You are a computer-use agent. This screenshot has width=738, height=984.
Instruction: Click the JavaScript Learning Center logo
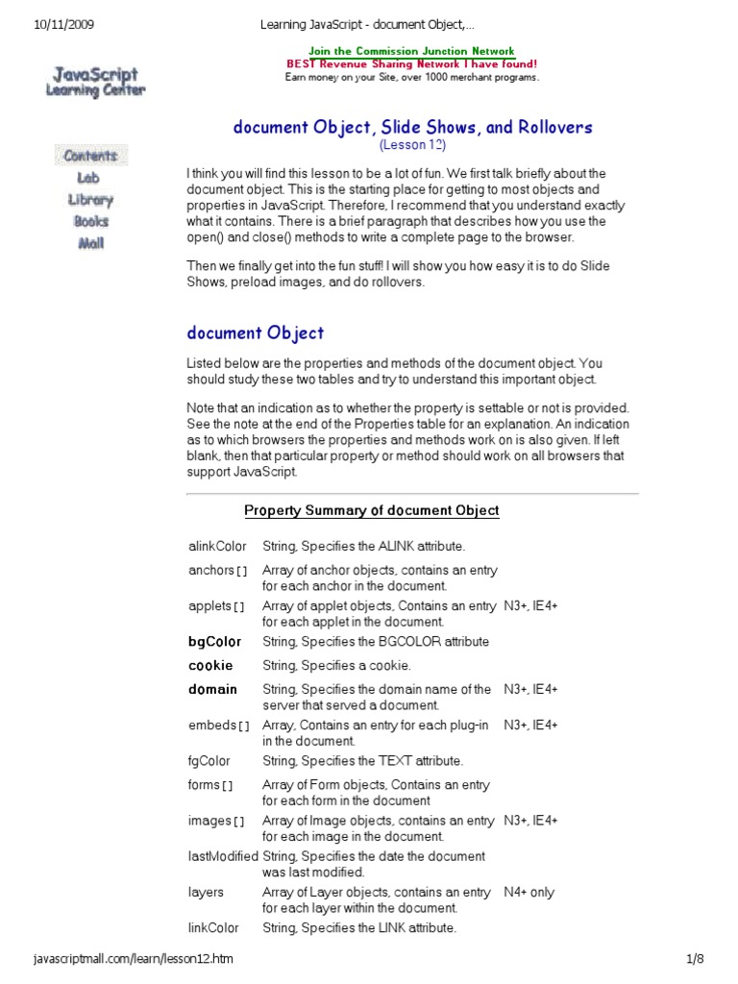point(93,82)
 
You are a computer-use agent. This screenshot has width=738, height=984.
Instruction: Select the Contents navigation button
point(90,156)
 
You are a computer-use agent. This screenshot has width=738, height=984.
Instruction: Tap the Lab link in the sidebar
point(88,178)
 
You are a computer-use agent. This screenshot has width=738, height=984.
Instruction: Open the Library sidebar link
point(90,200)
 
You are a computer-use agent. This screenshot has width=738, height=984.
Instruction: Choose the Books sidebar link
point(90,221)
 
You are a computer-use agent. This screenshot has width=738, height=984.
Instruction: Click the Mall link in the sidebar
point(90,243)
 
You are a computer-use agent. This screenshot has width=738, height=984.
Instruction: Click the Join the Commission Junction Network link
point(411,51)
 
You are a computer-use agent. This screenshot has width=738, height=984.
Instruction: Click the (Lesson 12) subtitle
point(412,145)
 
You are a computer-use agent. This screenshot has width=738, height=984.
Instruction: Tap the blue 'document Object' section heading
point(255,333)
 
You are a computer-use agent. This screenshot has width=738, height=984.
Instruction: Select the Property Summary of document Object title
point(371,510)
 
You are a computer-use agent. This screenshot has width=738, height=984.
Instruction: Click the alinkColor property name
point(217,547)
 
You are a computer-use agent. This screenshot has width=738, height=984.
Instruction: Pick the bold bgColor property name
point(214,641)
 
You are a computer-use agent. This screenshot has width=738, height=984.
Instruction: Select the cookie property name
point(210,665)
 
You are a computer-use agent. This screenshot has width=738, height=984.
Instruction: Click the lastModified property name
point(223,856)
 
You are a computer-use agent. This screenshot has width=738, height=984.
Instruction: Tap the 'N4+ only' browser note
point(529,892)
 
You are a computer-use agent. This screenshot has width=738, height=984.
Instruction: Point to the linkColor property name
point(213,928)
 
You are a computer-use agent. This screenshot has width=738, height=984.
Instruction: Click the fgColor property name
point(209,761)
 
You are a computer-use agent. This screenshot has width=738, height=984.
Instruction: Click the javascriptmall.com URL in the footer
point(133,959)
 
